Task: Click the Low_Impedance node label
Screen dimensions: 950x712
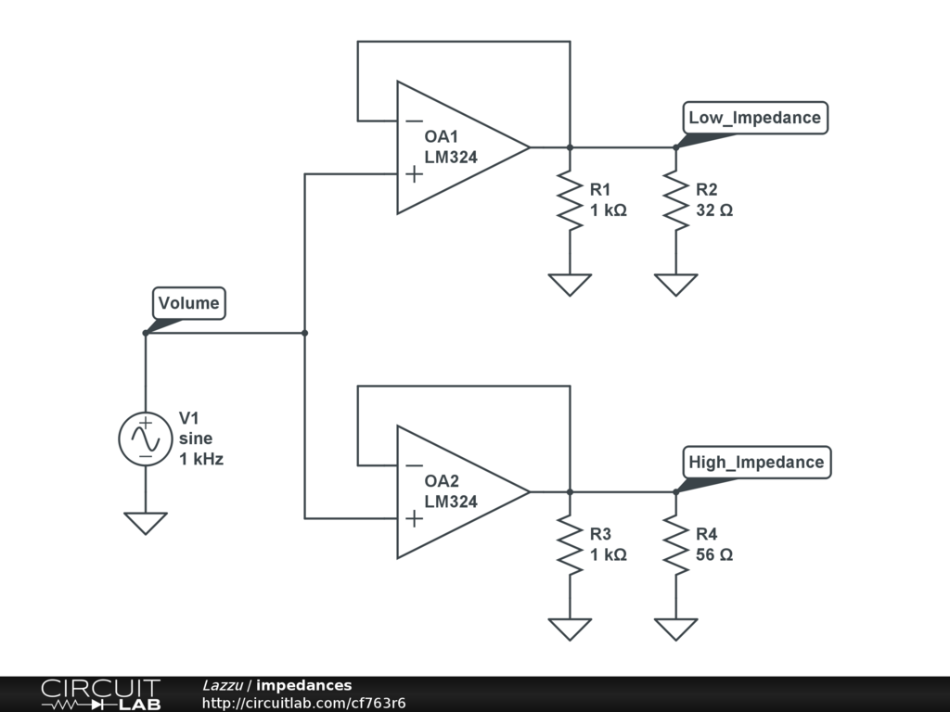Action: click(x=755, y=118)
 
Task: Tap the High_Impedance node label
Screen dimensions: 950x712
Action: click(x=757, y=462)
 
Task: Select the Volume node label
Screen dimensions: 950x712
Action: click(x=189, y=303)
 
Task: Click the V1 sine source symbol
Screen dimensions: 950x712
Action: click(x=146, y=439)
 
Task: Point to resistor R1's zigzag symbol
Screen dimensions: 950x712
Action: click(x=570, y=200)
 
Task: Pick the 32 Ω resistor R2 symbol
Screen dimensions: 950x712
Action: click(x=676, y=200)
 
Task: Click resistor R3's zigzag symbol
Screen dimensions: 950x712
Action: click(x=570, y=545)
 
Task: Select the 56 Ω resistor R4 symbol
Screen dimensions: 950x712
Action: click(x=676, y=545)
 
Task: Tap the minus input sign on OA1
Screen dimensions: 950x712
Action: click(x=415, y=121)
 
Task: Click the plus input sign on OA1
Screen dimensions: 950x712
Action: click(x=415, y=174)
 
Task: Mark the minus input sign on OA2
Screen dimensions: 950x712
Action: click(x=415, y=465)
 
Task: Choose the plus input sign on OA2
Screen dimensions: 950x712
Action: click(x=415, y=519)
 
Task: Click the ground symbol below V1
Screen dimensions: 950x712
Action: click(x=146, y=523)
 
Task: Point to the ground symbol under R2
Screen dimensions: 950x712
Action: click(x=676, y=285)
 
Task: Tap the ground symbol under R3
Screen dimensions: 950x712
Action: click(x=570, y=629)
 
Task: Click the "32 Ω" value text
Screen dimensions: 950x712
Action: click(x=714, y=210)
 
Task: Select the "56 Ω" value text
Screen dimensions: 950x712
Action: click(x=714, y=554)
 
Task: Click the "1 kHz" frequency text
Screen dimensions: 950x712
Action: click(x=201, y=459)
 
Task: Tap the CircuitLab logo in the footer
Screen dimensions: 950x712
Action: click(x=100, y=694)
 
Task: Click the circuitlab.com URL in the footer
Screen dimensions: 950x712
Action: click(x=303, y=703)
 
